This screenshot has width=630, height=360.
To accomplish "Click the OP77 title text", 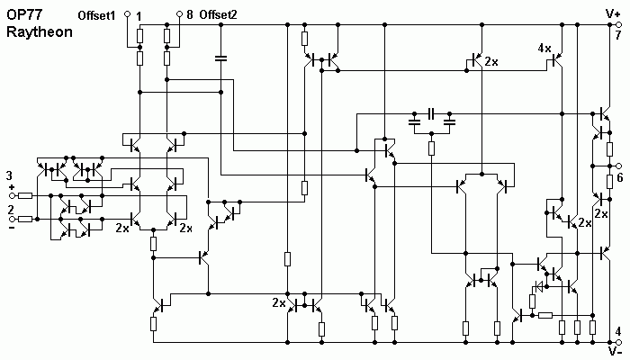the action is [25, 14].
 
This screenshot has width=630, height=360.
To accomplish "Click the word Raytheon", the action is [40, 32].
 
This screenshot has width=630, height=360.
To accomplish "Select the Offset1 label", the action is [96, 15].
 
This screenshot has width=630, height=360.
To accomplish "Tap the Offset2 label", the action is [218, 15].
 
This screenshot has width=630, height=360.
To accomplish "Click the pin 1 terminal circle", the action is [128, 14].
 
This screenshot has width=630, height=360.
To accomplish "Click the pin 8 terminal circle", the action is [180, 14].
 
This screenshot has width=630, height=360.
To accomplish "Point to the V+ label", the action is [613, 14].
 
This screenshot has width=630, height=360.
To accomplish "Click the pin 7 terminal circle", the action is [619, 25].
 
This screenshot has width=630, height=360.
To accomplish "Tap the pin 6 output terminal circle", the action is [619, 166].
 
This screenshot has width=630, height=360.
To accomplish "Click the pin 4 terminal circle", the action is [619, 342].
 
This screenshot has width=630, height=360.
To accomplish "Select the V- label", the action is [615, 352].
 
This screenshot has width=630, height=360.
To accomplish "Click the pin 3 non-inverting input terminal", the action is [12, 195].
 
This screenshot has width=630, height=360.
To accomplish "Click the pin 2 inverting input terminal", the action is [12, 219].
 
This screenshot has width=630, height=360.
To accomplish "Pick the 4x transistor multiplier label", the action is [544, 49].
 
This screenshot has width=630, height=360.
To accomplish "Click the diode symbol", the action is [537, 286].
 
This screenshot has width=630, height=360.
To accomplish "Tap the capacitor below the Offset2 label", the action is [220, 58].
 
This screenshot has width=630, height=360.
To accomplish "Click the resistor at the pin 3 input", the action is [25, 195].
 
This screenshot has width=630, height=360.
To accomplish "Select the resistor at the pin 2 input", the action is [25, 219].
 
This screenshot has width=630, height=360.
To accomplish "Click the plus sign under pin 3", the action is [12, 187].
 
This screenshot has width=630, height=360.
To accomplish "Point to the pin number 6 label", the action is [620, 177].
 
